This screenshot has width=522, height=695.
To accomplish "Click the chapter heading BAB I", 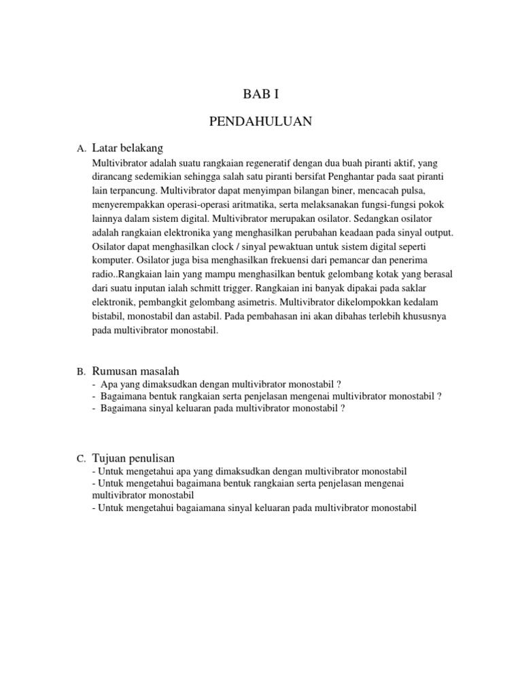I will [261, 94].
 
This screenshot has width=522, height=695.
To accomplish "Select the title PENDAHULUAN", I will [261, 121].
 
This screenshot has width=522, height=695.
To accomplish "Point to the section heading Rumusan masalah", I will [135, 371].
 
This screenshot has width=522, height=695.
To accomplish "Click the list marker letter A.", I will [81, 149].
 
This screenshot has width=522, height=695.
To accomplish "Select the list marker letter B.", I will [81, 372].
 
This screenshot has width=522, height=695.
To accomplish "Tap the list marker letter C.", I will [81, 459].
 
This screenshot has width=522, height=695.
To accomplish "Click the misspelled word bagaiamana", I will [184, 508].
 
